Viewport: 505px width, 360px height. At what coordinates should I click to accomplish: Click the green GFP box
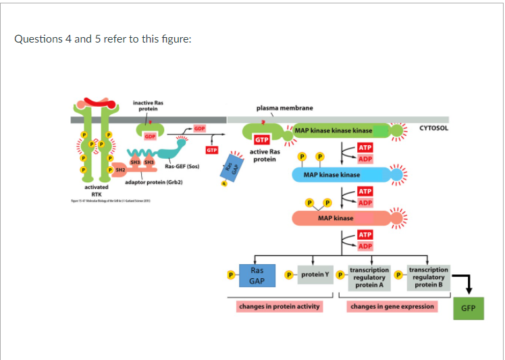[468, 308]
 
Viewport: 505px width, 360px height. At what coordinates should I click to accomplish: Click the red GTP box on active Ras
[262, 140]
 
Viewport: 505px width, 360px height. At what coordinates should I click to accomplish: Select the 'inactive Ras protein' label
[147, 105]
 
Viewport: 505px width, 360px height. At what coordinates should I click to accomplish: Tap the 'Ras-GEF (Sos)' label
[182, 165]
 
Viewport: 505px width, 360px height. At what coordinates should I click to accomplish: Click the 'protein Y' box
[315, 275]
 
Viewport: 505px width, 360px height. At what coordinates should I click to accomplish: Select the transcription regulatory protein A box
[369, 277]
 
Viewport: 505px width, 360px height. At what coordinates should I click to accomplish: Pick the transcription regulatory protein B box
[428, 277]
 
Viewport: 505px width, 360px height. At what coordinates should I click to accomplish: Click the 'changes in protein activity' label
[279, 307]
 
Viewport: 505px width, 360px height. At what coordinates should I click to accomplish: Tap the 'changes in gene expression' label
[392, 307]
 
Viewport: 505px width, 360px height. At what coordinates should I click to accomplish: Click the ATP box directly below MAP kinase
[365, 235]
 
